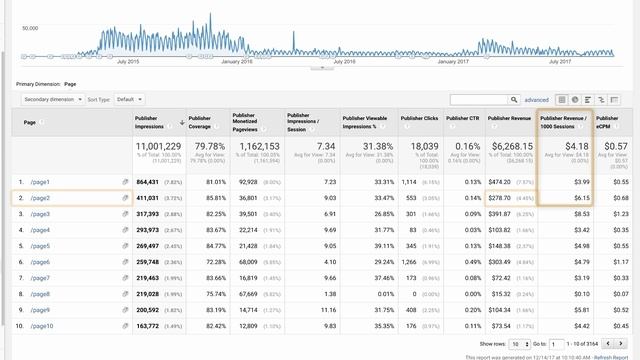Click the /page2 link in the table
(x=40, y=198)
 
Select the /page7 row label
(x=40, y=278)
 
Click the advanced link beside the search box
(x=537, y=100)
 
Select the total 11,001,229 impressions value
(x=157, y=146)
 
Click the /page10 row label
(x=42, y=326)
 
